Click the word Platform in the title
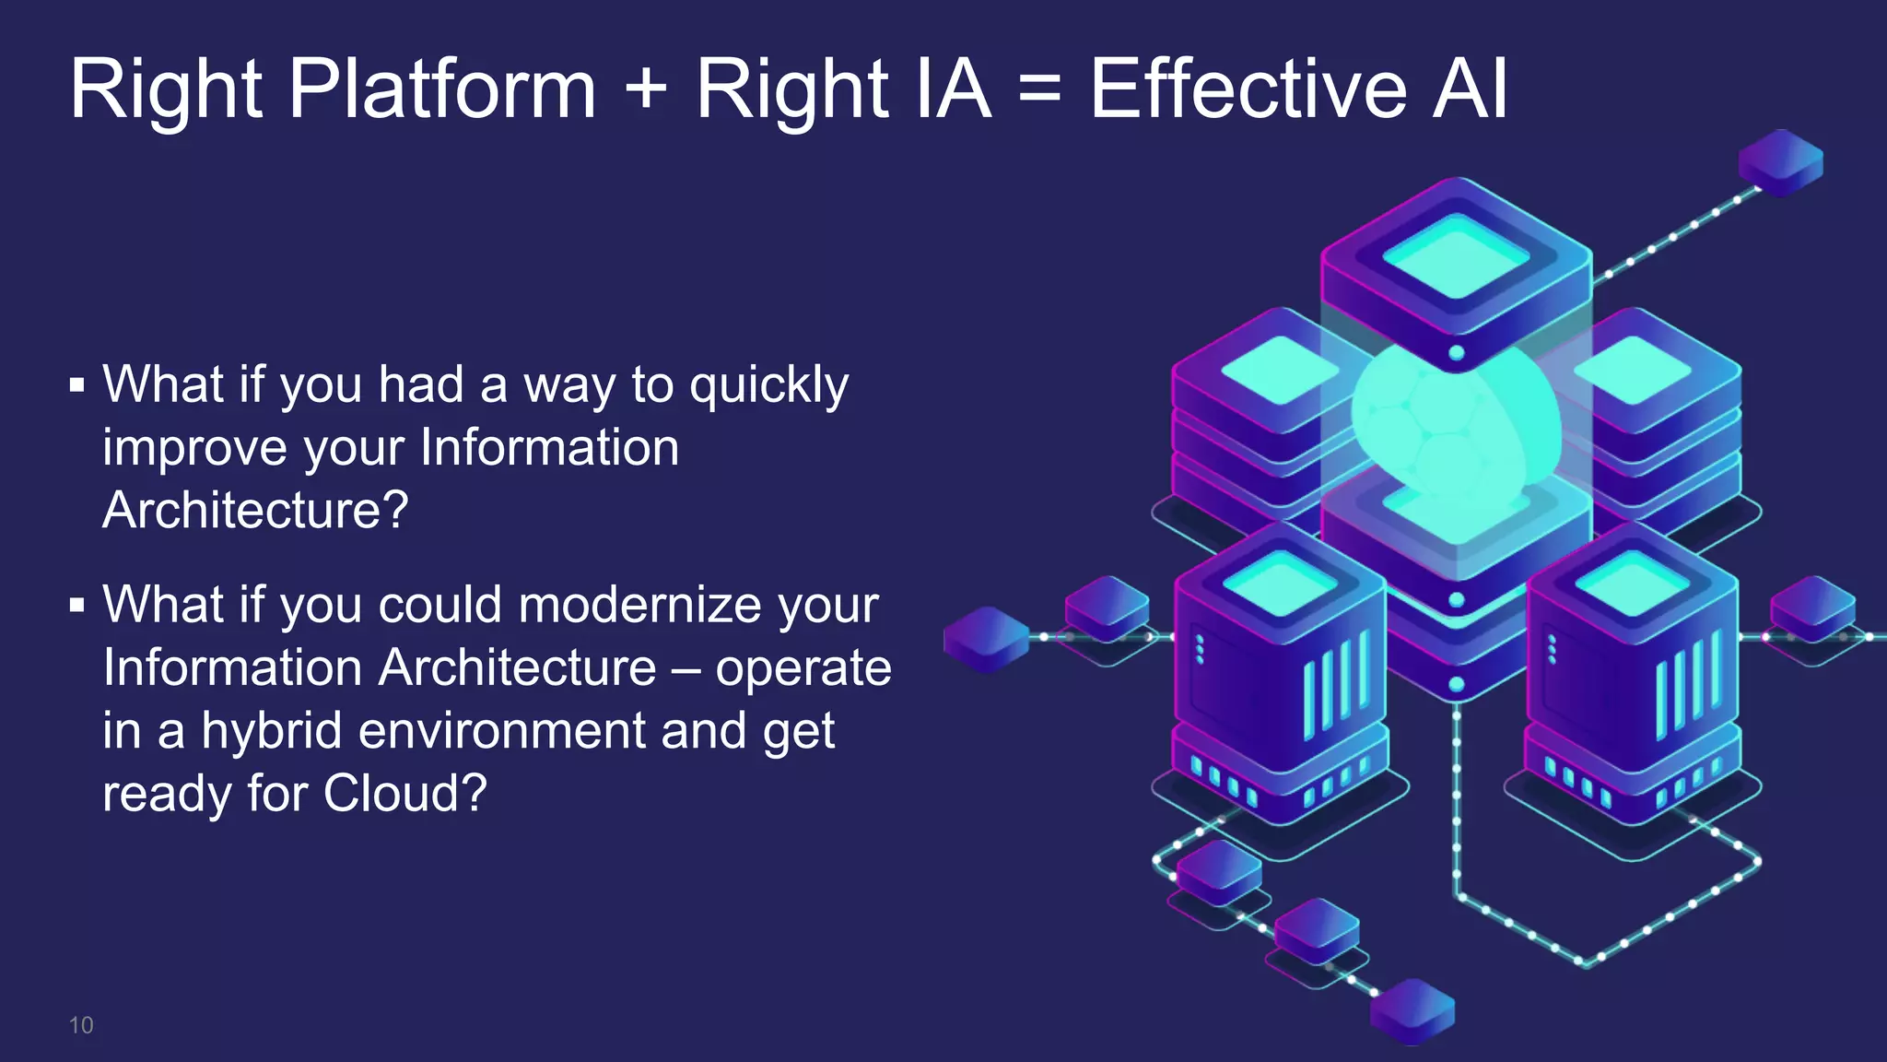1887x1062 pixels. (x=442, y=89)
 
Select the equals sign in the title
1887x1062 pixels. (x=1040, y=89)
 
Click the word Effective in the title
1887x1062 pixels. (x=1248, y=89)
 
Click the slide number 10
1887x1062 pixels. (x=81, y=1025)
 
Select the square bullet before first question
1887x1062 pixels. (x=77, y=384)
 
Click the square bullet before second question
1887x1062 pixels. (x=77, y=606)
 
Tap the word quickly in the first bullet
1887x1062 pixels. (x=769, y=385)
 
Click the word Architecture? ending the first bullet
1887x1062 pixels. (x=255, y=510)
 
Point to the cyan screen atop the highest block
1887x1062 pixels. (x=1456, y=256)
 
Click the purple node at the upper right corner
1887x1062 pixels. (x=1780, y=162)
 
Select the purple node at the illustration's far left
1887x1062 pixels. (x=986, y=638)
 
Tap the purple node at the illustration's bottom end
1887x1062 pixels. (x=1412, y=1010)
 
